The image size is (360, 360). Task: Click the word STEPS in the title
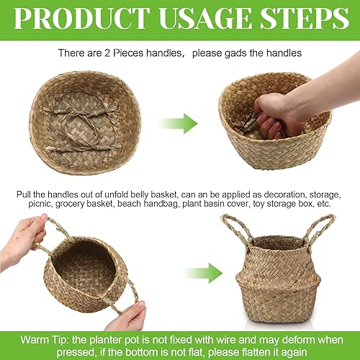pyautogui.click(x=306, y=17)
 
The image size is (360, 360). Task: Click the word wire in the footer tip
pyautogui.click(x=216, y=336)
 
